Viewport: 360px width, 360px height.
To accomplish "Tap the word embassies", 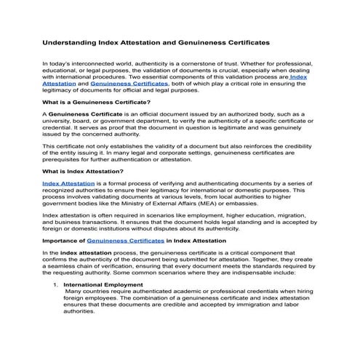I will coord(241,204).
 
